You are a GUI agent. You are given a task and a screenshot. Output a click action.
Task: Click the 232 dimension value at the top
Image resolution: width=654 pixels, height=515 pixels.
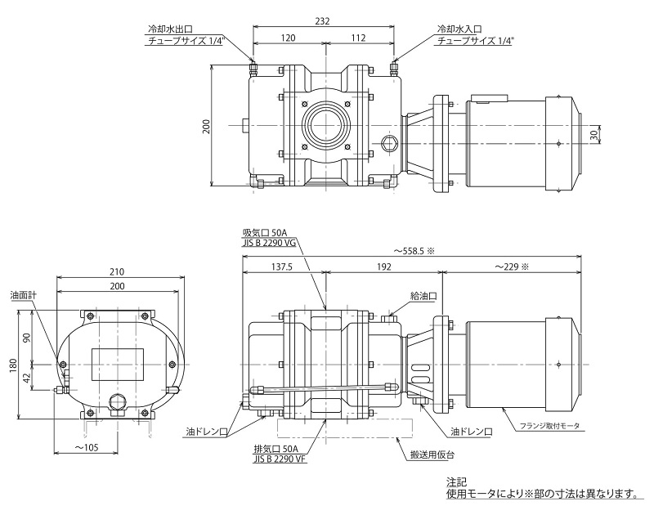pos(322,22)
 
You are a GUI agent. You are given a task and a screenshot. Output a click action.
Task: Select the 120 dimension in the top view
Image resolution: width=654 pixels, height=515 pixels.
pos(288,38)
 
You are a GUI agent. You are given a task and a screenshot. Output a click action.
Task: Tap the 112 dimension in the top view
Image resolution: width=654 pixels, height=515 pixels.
pos(357,38)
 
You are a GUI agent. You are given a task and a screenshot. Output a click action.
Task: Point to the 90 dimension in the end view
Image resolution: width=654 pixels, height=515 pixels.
pos(27,338)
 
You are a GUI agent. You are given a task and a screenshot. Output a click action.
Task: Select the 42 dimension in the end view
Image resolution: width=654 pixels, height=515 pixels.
pos(27,378)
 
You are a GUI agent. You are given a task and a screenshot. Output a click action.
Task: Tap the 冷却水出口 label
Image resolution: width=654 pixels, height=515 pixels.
pos(167,28)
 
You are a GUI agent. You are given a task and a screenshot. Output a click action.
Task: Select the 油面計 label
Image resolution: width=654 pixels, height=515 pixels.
pos(22,295)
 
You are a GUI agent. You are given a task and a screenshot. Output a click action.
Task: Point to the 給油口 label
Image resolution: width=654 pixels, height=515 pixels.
pos(424,296)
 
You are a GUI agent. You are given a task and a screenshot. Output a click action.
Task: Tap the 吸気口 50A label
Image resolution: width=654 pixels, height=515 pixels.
pos(263,232)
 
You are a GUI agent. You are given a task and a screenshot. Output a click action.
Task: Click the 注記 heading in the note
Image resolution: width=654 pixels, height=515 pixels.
pos(456,483)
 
